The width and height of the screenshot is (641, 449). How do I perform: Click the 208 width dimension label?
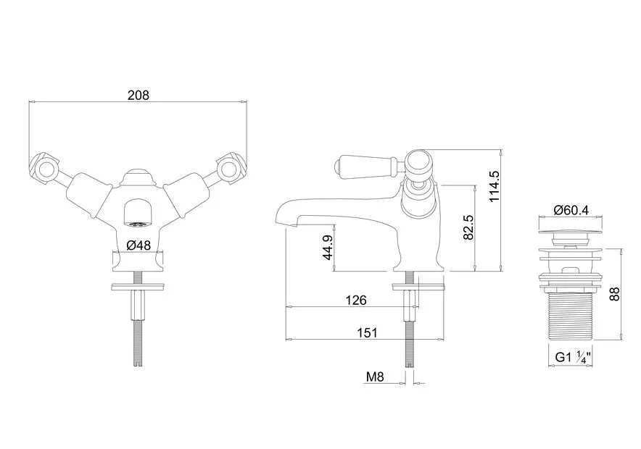(x=138, y=95)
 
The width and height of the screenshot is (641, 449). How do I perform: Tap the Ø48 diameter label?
(x=138, y=246)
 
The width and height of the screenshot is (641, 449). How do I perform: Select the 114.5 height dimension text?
(x=495, y=185)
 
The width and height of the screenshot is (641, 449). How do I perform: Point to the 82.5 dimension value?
(x=468, y=227)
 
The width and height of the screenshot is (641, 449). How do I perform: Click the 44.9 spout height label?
(x=328, y=248)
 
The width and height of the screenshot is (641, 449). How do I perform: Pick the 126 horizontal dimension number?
(x=356, y=301)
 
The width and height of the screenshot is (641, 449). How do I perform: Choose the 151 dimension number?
(x=367, y=332)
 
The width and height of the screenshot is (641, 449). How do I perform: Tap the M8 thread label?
(x=375, y=377)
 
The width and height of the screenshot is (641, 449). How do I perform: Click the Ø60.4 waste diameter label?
(x=571, y=210)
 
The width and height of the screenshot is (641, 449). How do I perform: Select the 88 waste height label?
(x=614, y=294)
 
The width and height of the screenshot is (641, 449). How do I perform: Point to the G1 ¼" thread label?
(x=573, y=357)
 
